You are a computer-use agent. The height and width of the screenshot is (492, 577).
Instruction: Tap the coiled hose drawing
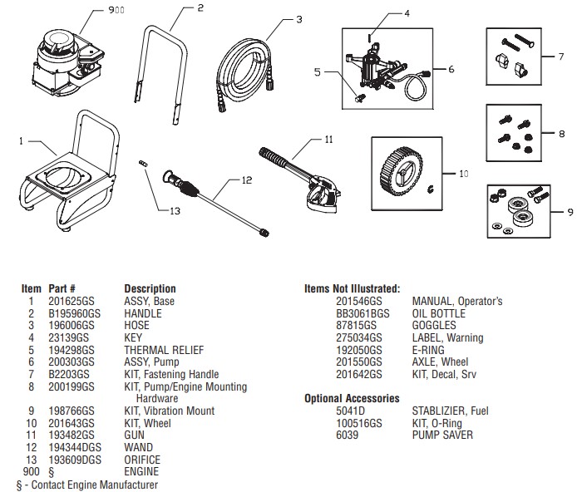[245, 62]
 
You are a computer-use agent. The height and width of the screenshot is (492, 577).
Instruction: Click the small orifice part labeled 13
[143, 165]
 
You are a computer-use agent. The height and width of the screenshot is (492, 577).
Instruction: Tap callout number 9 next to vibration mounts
[566, 212]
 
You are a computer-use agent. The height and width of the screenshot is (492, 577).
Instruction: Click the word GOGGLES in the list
[434, 326]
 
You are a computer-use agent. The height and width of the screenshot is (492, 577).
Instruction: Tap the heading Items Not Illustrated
[352, 288]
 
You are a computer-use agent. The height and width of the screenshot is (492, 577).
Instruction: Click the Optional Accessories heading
[352, 399]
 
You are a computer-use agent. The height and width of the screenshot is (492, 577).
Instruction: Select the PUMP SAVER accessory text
[443, 435]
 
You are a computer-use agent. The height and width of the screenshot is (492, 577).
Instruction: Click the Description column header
[150, 289]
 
